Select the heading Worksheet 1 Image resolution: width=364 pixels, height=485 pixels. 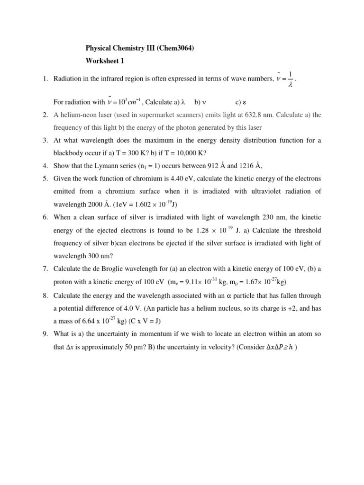coord(105,61)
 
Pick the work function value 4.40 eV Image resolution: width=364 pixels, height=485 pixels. coord(182,179)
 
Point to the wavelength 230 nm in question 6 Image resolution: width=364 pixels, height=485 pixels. coord(271,217)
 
